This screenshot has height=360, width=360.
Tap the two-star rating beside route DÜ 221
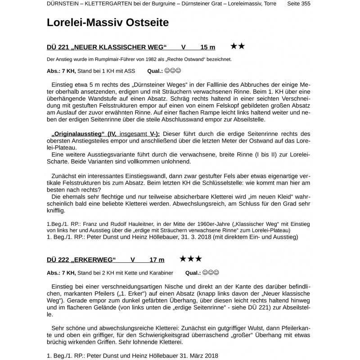[x=238, y=46]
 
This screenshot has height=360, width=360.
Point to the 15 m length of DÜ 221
[x=208, y=47]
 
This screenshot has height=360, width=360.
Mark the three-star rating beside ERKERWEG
[x=190, y=259]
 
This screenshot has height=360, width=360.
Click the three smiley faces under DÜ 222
[x=211, y=273]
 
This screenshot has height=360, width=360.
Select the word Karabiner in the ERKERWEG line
[x=158, y=273]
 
